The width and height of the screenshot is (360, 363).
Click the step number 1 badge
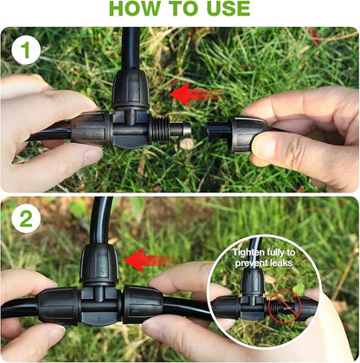(x=25, y=50)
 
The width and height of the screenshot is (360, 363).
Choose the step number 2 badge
(x=25, y=219)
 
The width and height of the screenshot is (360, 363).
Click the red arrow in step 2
(x=143, y=258)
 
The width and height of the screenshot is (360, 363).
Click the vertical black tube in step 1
(x=130, y=48)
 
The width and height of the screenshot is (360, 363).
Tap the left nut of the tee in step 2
(x=60, y=307)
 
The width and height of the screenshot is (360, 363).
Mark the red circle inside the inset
(x=283, y=305)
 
